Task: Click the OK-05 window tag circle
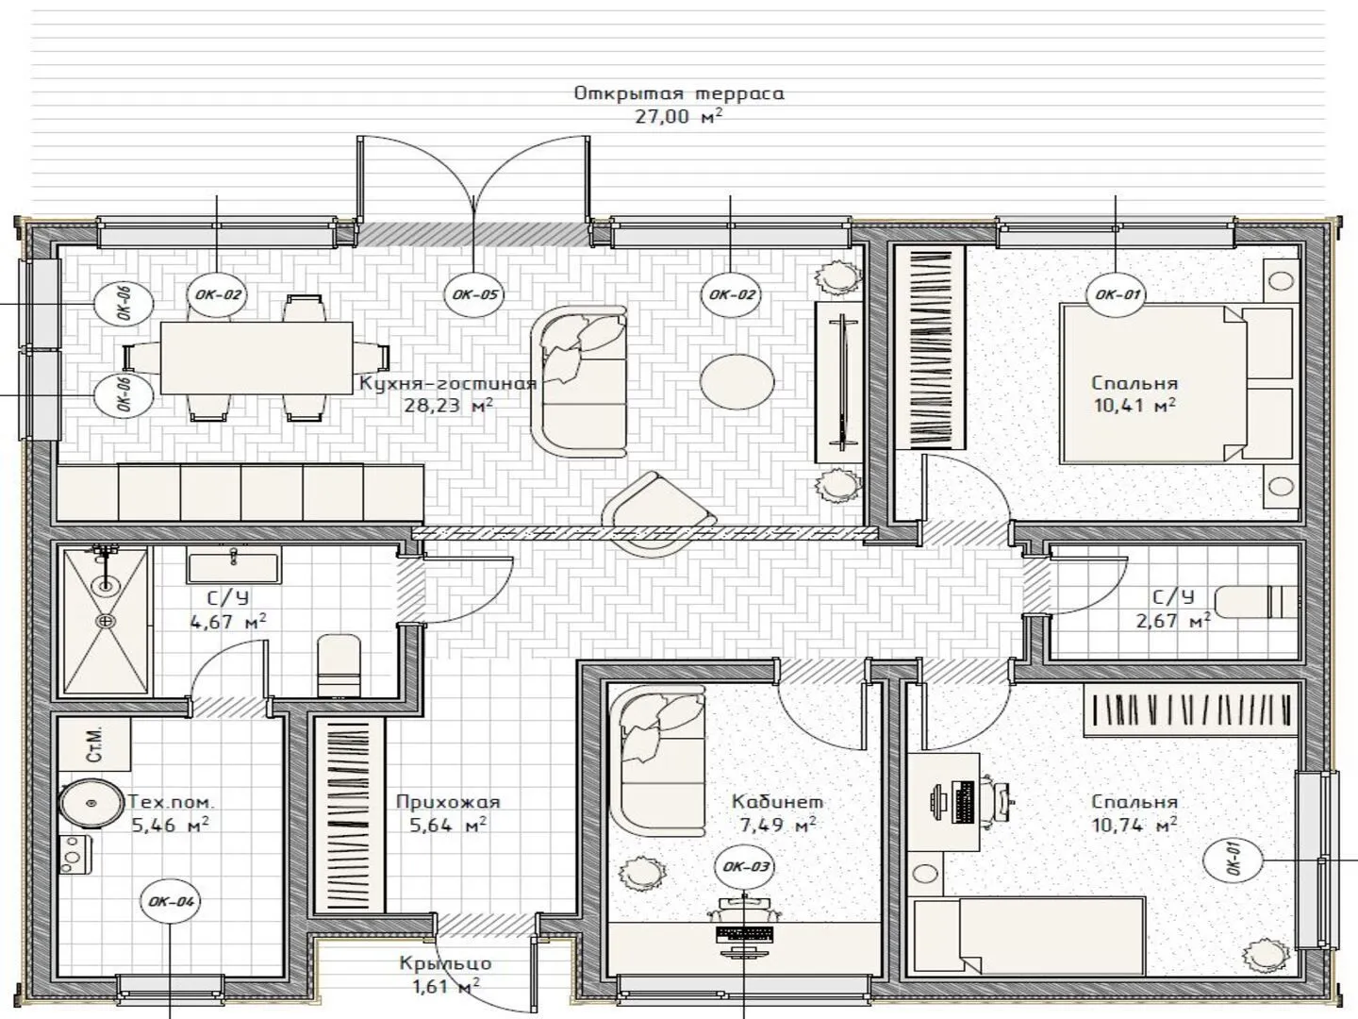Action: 474,294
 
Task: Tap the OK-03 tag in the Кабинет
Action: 746,867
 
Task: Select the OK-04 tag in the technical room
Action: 171,901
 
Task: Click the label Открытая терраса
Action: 679,93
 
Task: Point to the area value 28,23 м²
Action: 449,406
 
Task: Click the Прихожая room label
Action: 448,802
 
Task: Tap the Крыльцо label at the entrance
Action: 445,963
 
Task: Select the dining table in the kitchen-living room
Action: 257,358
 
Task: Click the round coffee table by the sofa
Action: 737,381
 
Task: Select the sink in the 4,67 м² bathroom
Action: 234,565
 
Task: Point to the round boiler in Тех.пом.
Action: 91,802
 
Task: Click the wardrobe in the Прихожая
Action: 350,815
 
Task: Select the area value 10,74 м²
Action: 1134,826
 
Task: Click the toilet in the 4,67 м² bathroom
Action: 339,665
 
